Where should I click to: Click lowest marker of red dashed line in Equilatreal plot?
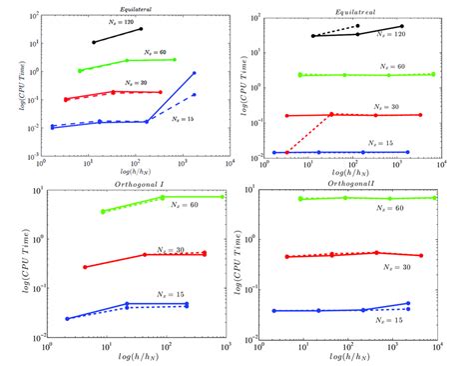(286, 152)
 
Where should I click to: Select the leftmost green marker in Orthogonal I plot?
(103, 212)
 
